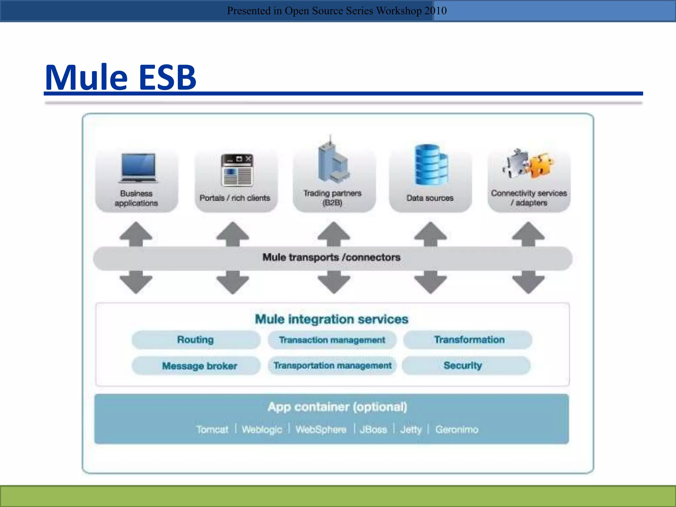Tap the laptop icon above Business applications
click(138, 168)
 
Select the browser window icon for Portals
click(237, 170)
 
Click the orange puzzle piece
click(542, 165)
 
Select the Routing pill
click(195, 340)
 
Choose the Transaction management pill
click(332, 340)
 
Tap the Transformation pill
click(469, 340)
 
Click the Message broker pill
click(199, 366)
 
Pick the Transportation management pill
click(332, 365)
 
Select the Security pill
click(463, 365)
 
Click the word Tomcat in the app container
click(212, 429)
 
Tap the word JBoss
click(373, 429)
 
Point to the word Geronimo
click(456, 429)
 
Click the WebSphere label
click(321, 429)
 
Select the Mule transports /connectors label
click(331, 257)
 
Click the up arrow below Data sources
click(430, 233)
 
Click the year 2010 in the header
click(435, 11)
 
